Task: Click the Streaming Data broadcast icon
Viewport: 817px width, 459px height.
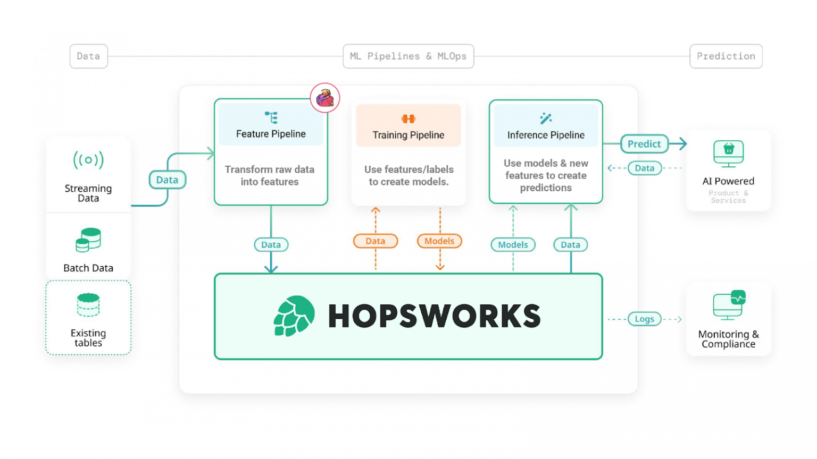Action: click(x=88, y=160)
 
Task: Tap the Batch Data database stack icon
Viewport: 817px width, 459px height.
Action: click(x=88, y=240)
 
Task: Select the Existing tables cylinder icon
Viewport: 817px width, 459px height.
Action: click(x=88, y=305)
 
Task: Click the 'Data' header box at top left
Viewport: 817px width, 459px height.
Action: click(x=89, y=56)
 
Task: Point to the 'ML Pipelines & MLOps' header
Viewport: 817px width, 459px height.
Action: click(x=408, y=56)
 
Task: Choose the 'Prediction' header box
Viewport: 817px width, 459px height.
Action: click(x=726, y=56)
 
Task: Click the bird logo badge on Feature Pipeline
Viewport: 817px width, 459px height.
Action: click(x=325, y=98)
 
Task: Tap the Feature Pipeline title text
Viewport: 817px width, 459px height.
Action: click(x=271, y=134)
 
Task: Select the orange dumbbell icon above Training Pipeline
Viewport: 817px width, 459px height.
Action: click(x=408, y=119)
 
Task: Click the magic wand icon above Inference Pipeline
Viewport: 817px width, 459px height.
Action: click(x=546, y=118)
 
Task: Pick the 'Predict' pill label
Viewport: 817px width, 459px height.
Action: click(x=644, y=144)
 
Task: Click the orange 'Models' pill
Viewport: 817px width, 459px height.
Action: click(x=439, y=241)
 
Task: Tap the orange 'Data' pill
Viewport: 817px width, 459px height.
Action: click(x=376, y=241)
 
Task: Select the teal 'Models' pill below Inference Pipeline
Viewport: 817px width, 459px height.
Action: click(x=513, y=244)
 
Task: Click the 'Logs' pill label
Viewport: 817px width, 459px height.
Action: click(x=645, y=319)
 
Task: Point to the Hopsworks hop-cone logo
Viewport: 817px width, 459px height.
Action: click(x=294, y=316)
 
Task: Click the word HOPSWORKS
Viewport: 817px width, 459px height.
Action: click(x=435, y=316)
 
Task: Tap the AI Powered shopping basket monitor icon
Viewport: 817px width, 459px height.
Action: click(x=729, y=154)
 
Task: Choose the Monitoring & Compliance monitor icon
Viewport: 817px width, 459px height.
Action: click(x=729, y=305)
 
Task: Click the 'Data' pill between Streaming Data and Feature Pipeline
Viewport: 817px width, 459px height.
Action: click(x=168, y=180)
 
